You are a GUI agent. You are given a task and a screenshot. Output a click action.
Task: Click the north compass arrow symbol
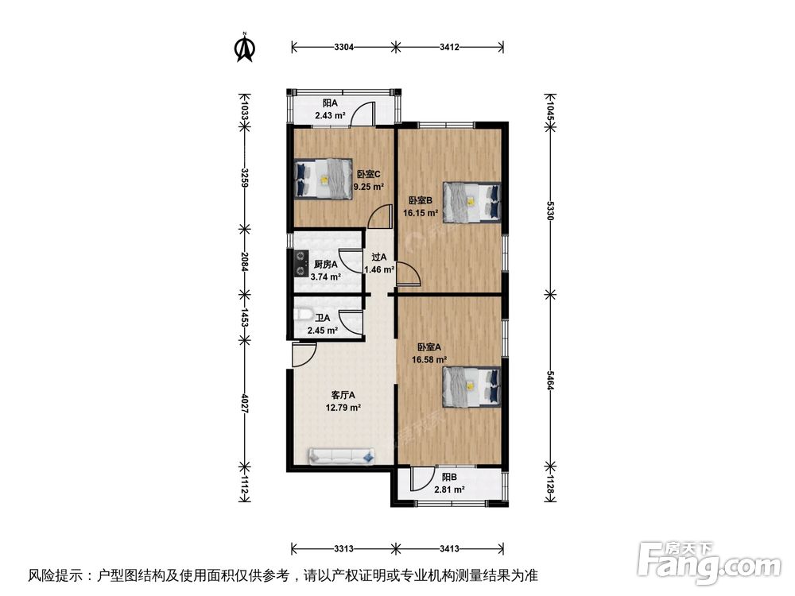245,47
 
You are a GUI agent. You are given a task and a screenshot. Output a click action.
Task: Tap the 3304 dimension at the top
343,48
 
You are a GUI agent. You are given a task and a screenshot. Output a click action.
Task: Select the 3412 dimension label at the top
449,48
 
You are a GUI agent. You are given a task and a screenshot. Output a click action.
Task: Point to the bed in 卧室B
472,202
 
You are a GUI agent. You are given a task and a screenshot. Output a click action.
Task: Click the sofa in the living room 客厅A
342,455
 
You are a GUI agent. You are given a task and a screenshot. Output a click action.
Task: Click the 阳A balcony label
330,103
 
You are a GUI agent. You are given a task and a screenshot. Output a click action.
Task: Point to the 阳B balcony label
449,478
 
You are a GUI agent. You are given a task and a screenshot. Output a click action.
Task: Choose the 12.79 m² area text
343,408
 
